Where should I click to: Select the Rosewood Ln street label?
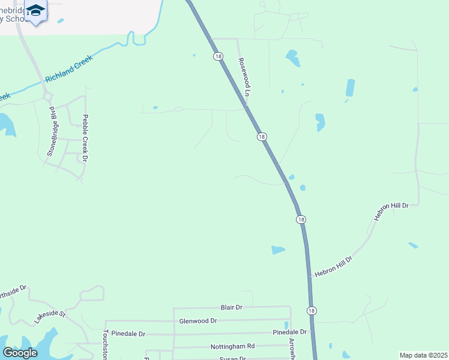(x=244, y=77)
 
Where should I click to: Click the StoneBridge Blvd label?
(x=54, y=131)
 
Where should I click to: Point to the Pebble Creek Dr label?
(x=85, y=138)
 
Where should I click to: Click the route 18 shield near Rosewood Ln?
(x=218, y=56)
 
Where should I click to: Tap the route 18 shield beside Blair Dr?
(x=311, y=310)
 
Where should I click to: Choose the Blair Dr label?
(x=231, y=307)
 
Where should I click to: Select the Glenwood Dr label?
(x=198, y=321)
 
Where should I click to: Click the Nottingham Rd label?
(x=232, y=346)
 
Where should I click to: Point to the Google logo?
(x=20, y=353)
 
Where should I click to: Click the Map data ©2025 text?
(x=423, y=355)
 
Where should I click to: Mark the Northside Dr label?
(x=13, y=292)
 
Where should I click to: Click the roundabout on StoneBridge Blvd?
(x=47, y=96)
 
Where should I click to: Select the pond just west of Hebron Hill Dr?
(x=278, y=250)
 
